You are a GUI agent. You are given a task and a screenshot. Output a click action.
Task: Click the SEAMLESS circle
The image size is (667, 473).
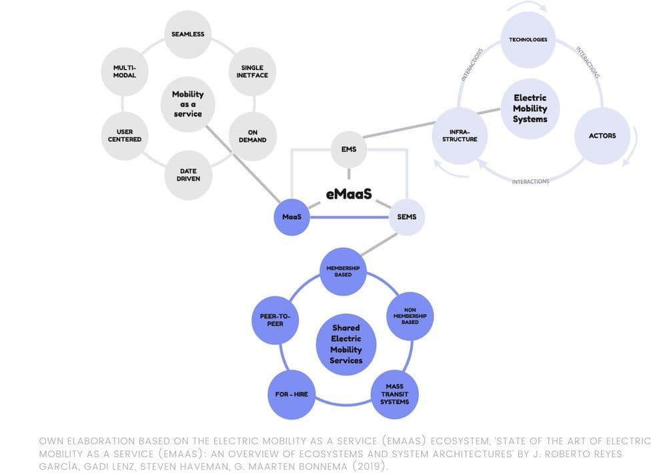coord(188,35)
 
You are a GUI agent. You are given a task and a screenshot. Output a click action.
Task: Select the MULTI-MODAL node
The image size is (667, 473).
coord(124,71)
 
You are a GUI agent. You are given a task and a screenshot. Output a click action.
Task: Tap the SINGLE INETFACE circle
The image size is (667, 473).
coord(252,71)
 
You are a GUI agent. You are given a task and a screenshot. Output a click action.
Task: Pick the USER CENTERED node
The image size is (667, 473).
coord(124,136)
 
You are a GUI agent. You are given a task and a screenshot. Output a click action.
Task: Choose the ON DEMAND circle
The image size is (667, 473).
coord(252,136)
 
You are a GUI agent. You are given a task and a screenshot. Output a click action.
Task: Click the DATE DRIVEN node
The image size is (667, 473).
coord(188,175)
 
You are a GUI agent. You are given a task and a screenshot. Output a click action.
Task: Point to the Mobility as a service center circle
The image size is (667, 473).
coord(188,104)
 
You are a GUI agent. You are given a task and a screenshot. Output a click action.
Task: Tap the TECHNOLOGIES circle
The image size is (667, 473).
coord(528,40)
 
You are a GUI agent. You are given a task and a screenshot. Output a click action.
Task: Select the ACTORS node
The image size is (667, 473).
coord(602,136)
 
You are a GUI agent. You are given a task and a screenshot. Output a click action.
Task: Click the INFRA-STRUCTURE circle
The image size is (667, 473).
coord(460,136)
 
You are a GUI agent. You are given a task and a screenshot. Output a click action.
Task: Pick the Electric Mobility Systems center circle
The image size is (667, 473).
coord(530,109)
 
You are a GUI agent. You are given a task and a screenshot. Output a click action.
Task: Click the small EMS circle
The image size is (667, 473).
coord(349,149)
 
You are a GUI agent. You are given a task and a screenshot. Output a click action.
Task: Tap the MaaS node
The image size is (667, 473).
coord(291,217)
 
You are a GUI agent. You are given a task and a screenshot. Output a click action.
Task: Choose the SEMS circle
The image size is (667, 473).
coord(406,217)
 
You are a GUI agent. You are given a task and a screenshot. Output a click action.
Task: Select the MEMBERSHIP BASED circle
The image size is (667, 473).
coord(344,271)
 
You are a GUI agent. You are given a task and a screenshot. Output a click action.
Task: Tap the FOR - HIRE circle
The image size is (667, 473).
coord(291,394)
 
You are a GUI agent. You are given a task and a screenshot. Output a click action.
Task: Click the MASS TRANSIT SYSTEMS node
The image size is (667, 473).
coord(394,394)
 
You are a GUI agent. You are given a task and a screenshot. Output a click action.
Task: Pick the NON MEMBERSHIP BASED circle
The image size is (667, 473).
coord(411,316)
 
